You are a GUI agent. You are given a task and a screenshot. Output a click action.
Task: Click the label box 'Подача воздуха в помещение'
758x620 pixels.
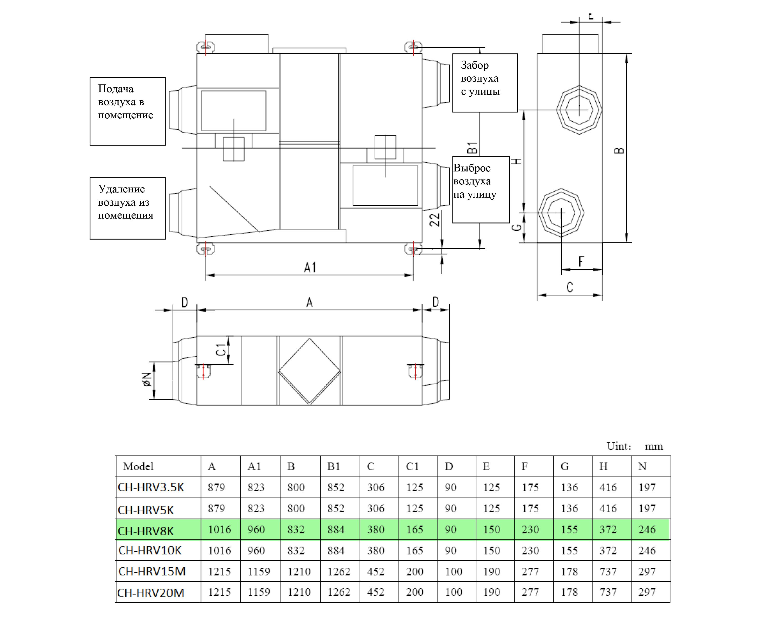[127, 111]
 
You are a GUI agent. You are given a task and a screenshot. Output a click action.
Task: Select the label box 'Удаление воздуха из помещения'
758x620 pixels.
[127, 208]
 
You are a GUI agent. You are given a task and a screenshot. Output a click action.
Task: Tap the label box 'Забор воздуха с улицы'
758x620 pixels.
[485, 83]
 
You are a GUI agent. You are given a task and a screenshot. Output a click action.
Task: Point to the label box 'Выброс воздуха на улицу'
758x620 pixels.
[481, 190]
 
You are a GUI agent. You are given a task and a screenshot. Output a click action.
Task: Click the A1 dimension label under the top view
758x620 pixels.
[310, 268]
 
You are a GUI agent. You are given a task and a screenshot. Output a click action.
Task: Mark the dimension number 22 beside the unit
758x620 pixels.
[435, 220]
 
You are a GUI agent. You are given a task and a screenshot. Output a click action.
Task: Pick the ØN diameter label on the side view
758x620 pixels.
[146, 380]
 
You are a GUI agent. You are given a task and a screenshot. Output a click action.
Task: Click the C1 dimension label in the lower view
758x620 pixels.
[221, 350]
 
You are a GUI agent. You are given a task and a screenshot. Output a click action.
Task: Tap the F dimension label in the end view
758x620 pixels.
[581, 262]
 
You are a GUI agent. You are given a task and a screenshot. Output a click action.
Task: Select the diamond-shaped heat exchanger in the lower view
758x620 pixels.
[309, 371]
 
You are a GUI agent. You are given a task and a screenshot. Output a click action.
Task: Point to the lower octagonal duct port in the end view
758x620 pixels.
[561, 213]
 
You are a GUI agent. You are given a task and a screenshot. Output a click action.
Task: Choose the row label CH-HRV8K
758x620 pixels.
[146, 531]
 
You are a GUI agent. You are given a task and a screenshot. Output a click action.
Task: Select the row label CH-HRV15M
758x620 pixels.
[152, 571]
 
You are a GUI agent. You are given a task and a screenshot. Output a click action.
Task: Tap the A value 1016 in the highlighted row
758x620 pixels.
[219, 530]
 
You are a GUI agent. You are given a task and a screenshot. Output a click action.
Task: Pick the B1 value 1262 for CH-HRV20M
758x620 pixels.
[339, 592]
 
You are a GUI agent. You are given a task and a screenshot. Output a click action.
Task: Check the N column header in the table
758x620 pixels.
[642, 466]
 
